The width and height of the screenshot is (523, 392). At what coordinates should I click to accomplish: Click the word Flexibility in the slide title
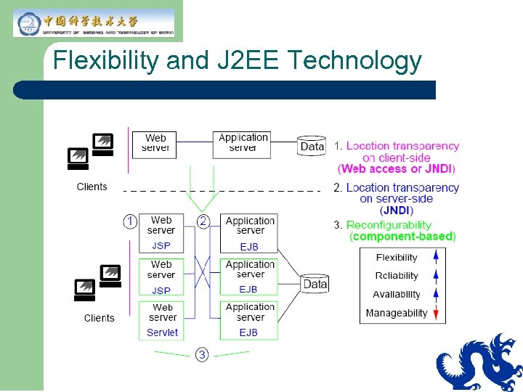coord(107,60)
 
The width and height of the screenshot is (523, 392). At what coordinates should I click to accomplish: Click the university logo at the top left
coord(94,23)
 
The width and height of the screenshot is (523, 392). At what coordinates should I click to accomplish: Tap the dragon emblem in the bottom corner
coord(480,363)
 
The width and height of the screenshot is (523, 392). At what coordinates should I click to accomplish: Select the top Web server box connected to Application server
coord(155,142)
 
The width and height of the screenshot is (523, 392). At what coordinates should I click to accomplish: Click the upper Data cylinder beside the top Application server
coord(312,146)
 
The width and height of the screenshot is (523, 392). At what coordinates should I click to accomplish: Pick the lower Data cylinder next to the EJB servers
coord(315,284)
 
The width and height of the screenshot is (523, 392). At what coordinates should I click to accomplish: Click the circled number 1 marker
coord(130,221)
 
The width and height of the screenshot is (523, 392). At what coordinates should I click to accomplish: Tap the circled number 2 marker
coord(204,221)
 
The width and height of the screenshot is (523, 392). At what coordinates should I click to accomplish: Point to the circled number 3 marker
coord(202,355)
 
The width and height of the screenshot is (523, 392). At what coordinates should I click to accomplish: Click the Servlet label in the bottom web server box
coord(162,332)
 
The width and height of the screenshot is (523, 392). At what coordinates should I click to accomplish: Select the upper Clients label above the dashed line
coord(92,187)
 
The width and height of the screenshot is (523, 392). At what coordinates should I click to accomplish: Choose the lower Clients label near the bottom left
coord(99,318)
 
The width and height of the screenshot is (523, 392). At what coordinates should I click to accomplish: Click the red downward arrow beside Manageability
coord(436,313)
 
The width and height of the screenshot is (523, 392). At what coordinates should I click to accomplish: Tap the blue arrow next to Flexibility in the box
coord(436,257)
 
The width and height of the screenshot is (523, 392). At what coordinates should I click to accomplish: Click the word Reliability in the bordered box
coord(397,276)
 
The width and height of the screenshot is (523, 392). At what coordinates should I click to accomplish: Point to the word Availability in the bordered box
coord(397,294)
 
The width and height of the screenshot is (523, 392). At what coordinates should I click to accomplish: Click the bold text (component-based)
coord(402,237)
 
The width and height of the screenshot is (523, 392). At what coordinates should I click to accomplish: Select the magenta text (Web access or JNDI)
coord(397,169)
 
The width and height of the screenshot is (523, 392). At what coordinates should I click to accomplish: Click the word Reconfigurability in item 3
coord(389,225)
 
